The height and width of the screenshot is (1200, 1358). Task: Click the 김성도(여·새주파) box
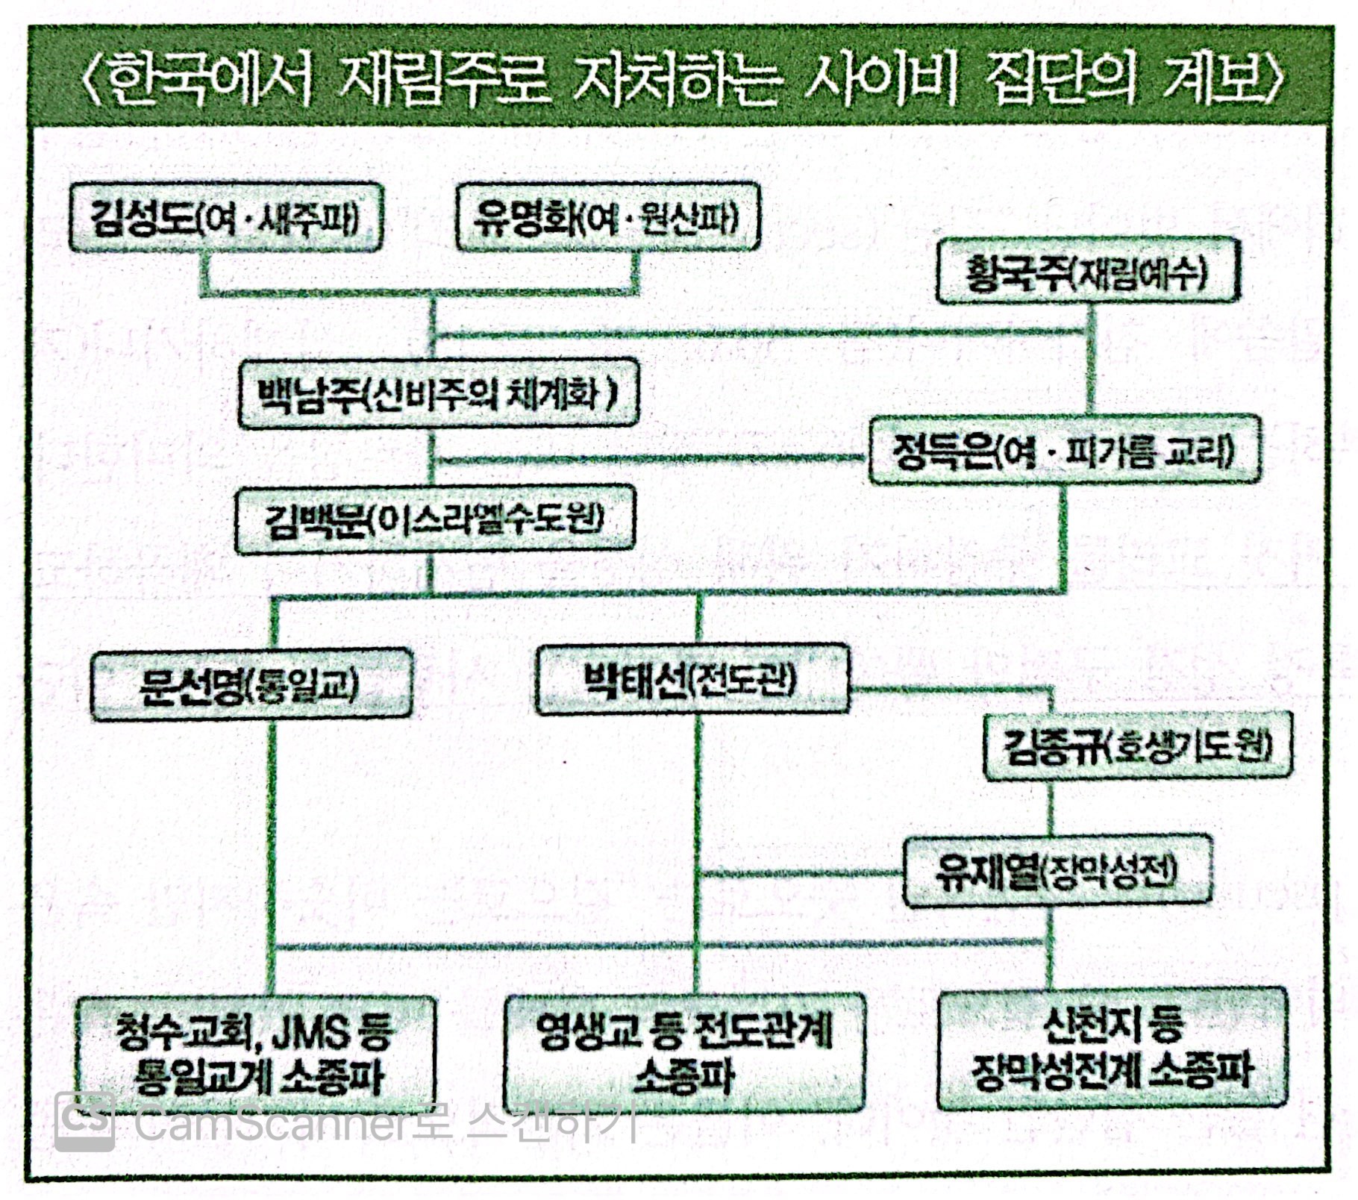(x=225, y=219)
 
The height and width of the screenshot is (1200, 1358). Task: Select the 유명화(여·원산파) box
(x=607, y=219)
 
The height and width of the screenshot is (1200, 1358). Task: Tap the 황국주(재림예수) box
(x=1086, y=272)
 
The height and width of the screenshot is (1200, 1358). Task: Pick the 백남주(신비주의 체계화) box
(x=438, y=393)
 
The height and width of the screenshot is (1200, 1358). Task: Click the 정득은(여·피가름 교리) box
(x=1065, y=451)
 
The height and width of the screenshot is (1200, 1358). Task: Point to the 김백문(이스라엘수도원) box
(x=435, y=519)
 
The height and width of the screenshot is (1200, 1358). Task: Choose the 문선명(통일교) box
(x=251, y=684)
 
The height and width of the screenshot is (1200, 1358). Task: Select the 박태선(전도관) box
(x=692, y=680)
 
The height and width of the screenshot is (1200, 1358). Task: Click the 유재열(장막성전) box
(x=1057, y=871)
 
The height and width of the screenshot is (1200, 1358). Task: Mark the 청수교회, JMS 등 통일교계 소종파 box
(x=256, y=1054)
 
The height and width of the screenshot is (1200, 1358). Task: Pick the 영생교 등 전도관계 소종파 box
(x=684, y=1051)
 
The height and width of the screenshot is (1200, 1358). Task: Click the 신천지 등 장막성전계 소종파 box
(x=1112, y=1048)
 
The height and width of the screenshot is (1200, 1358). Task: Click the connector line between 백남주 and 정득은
(x=649, y=459)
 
